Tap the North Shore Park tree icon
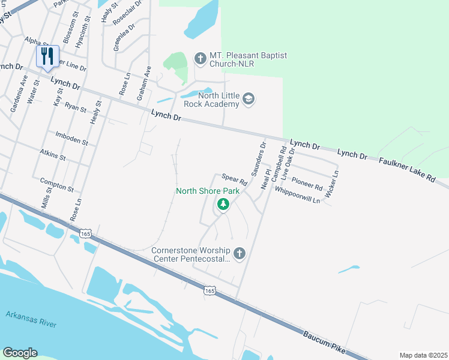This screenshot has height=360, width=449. point(223,205)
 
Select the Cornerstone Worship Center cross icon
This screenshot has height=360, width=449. point(239,253)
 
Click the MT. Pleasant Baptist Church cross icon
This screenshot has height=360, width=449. point(200,58)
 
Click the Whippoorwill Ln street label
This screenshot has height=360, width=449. point(297,194)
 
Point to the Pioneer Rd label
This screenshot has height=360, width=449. point(307,182)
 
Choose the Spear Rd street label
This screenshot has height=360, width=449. point(235,179)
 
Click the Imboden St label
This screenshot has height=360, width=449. point(71,139)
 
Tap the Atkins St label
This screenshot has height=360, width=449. point(53,155)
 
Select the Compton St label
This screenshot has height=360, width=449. point(56,184)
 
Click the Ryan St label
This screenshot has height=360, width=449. point(76,107)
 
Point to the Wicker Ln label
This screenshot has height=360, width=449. point(332,183)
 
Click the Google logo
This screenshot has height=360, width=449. point(20,353)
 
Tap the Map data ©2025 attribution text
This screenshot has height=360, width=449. point(423,355)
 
